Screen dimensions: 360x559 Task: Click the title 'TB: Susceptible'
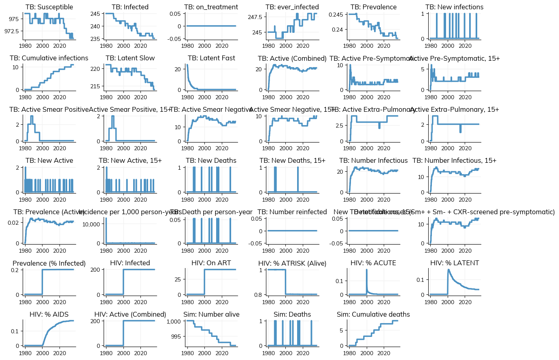49,7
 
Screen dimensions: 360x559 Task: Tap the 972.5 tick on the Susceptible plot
11,31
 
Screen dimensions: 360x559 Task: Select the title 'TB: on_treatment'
211,7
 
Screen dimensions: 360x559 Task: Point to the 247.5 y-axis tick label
255,17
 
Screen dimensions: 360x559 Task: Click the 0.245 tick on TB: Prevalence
335,15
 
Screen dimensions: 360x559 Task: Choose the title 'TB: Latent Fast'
211,58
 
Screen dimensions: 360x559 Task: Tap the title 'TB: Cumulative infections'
49,58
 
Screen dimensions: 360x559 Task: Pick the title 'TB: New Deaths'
211,161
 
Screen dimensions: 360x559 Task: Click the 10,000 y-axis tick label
91,224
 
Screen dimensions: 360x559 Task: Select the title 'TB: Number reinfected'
292,212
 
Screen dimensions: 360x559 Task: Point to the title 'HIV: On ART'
211,263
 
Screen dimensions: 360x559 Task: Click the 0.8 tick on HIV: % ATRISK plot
258,295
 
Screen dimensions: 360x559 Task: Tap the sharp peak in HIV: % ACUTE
367,269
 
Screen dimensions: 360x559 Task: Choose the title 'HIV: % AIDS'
49,315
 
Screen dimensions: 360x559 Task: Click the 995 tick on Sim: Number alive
175,337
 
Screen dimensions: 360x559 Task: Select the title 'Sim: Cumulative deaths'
373,315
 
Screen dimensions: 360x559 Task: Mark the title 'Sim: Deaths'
292,315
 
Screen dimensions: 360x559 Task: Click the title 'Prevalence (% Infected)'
49,263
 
